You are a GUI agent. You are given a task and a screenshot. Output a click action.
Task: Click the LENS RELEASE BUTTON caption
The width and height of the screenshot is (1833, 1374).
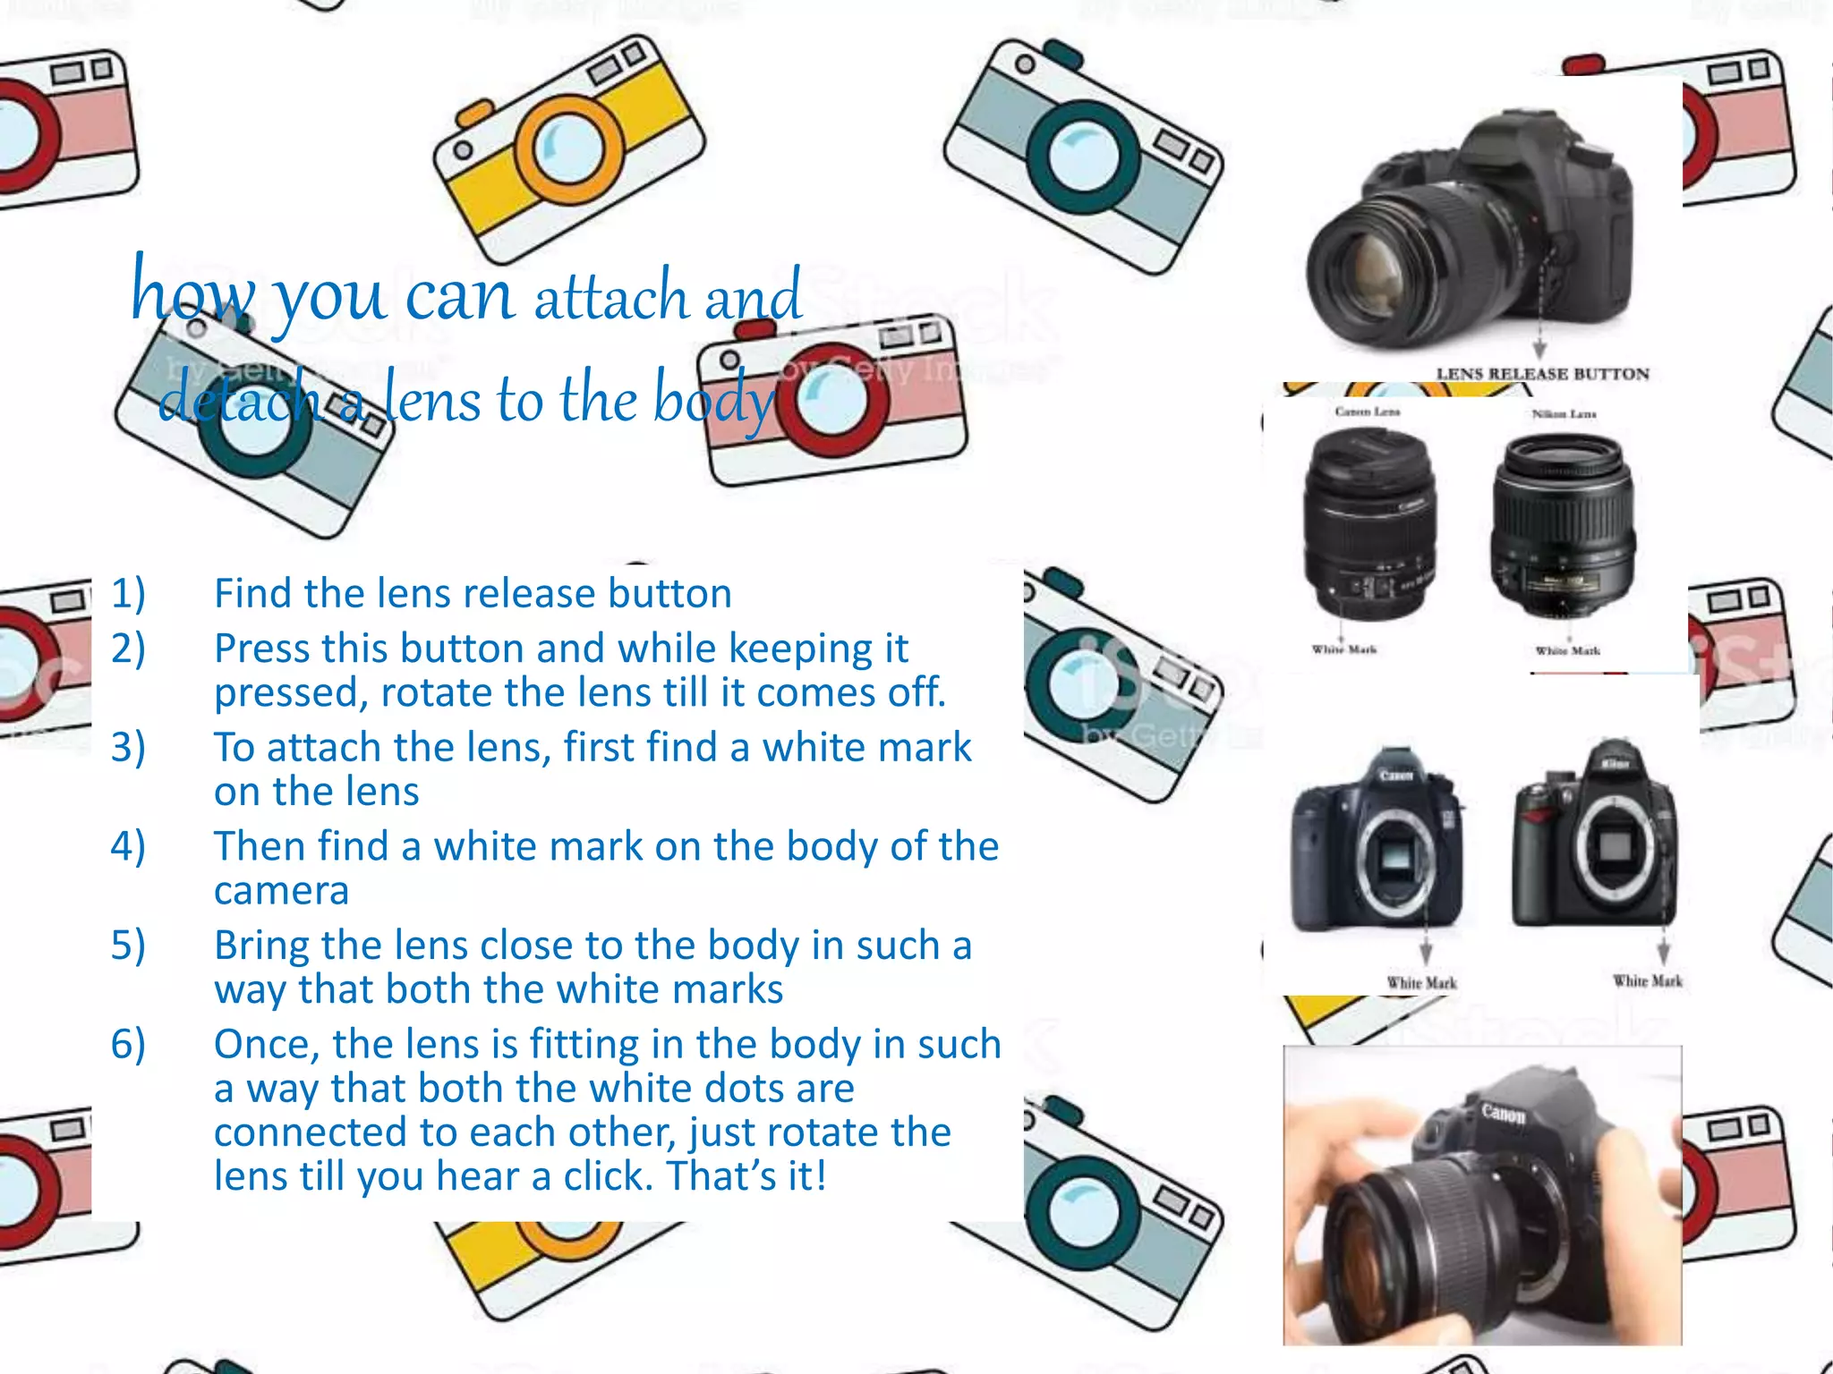pos(1542,374)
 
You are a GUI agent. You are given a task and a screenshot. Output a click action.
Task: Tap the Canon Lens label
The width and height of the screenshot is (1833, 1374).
pos(1367,411)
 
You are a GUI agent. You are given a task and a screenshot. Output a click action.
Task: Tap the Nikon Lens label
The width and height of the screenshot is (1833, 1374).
pos(1564,414)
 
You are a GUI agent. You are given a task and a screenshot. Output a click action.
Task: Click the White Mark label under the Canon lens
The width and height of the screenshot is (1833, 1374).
pos(1343,649)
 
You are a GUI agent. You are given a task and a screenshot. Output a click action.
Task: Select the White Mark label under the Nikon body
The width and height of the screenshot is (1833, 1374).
pos(1647,981)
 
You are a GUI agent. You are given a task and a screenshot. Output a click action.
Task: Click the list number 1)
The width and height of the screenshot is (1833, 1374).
pos(128,594)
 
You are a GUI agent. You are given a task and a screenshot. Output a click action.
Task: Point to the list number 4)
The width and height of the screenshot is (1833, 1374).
pos(128,846)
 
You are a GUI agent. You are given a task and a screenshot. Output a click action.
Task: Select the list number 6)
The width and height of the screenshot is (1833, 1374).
pos(128,1044)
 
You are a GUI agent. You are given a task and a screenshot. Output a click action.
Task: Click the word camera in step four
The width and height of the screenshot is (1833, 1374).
pos(281,891)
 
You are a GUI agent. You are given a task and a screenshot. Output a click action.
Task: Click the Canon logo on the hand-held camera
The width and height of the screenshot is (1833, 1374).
pos(1503,1114)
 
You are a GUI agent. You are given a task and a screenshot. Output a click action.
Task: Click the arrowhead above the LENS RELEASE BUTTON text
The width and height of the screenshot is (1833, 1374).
pos(1539,350)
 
